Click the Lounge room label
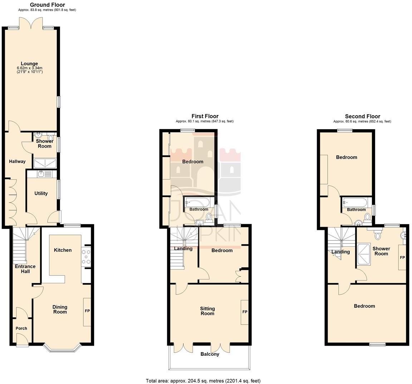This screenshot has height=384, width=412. click(x=30, y=64)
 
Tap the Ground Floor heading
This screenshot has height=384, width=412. click(x=47, y=5)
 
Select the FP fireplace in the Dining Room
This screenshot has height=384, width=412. click(x=87, y=311)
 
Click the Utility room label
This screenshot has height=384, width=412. click(x=41, y=193)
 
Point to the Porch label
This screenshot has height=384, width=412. click(x=21, y=328)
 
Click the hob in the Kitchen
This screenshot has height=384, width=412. click(x=86, y=257)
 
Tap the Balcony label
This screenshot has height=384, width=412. click(x=210, y=354)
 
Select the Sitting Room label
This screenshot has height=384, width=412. click(x=207, y=311)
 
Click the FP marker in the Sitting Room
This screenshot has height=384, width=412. click(x=245, y=312)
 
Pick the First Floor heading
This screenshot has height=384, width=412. click(x=205, y=116)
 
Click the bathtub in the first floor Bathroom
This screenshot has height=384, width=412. click(x=199, y=202)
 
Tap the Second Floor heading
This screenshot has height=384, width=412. click(x=362, y=116)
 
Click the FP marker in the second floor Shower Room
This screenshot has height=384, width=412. click(x=402, y=258)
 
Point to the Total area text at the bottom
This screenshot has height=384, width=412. click(x=203, y=381)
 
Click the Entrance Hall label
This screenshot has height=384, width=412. click(x=25, y=269)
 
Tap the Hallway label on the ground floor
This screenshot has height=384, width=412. click(x=17, y=161)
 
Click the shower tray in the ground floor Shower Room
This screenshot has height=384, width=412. click(x=45, y=164)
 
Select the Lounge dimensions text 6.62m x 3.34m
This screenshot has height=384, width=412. click(x=30, y=68)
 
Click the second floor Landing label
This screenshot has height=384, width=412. click(x=340, y=252)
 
